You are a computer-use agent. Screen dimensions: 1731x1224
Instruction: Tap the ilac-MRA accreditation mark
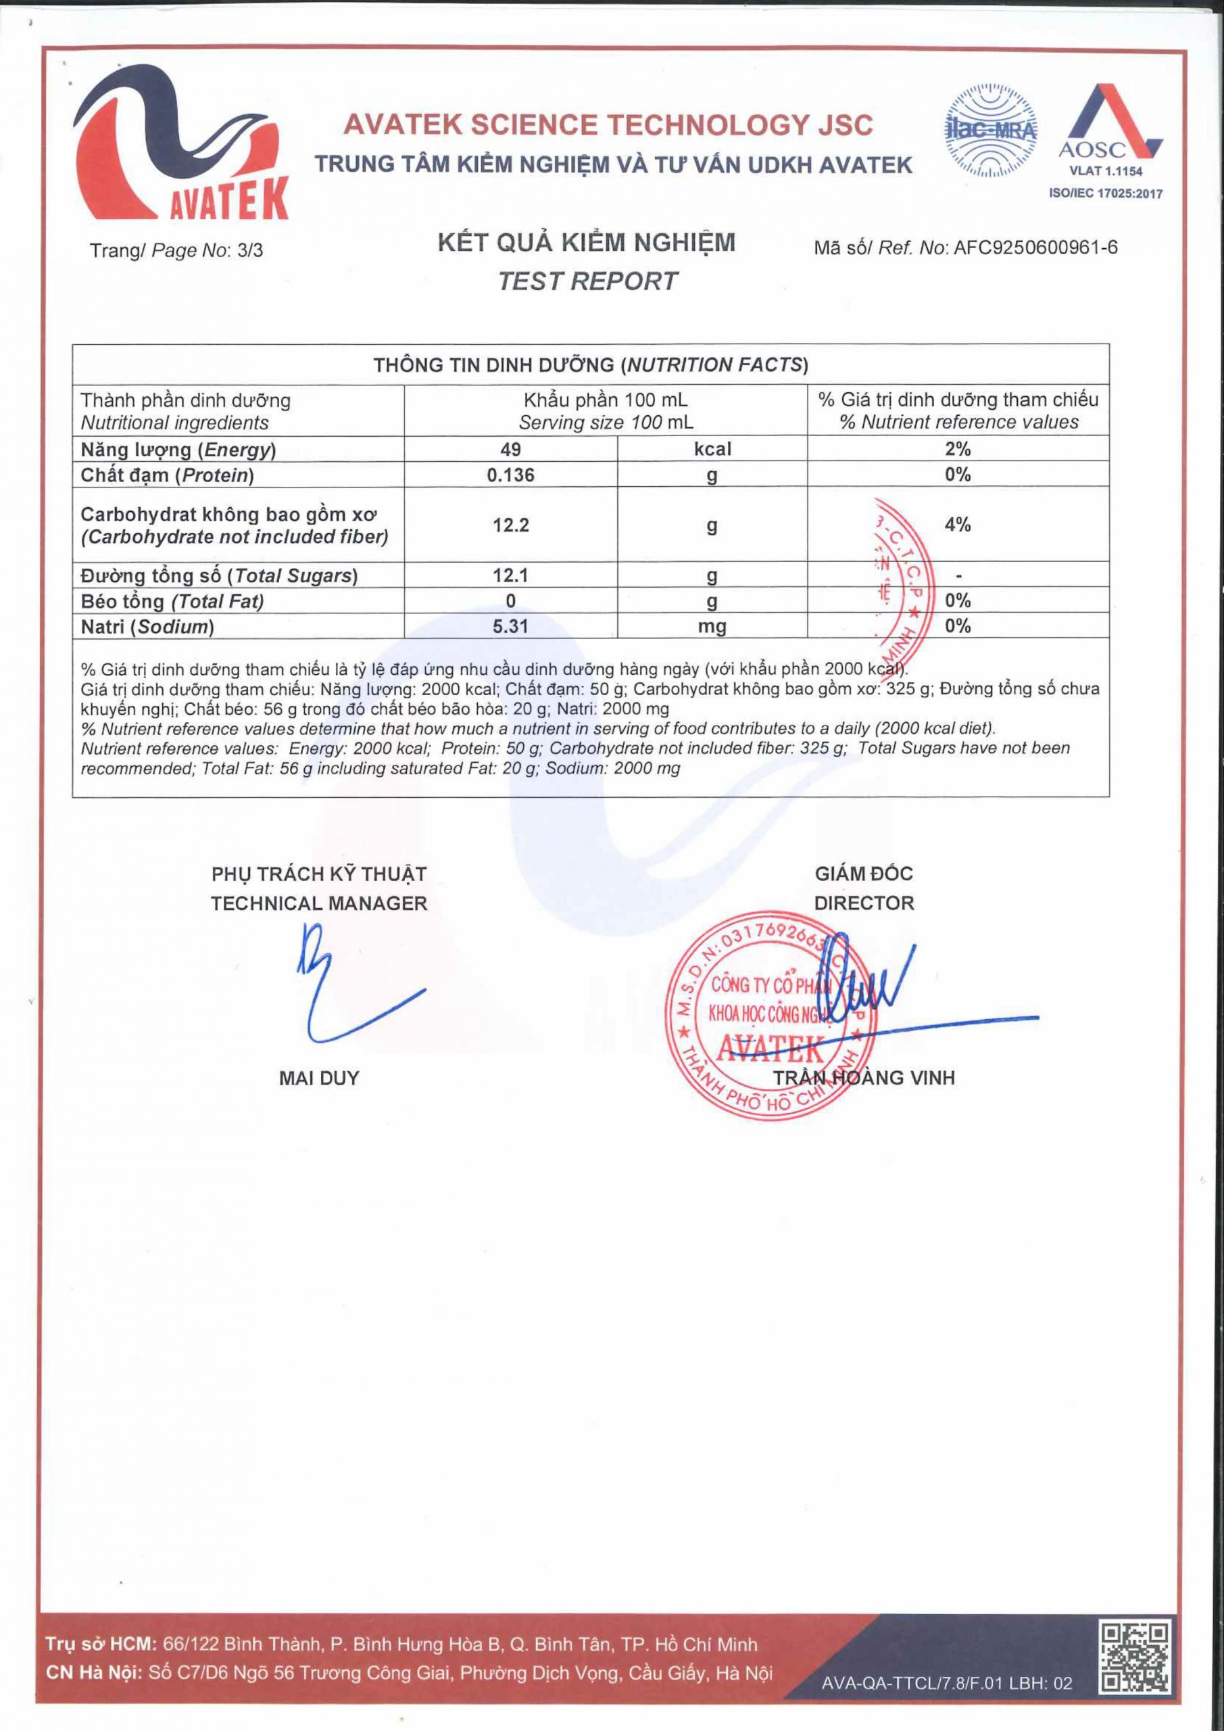[x=990, y=131]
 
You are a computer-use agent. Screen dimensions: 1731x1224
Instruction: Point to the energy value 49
[x=510, y=450]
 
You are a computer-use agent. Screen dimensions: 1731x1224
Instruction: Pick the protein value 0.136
[x=510, y=475]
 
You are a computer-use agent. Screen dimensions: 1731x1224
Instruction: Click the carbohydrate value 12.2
[x=510, y=525]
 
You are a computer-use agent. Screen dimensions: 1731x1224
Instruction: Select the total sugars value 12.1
[x=510, y=576]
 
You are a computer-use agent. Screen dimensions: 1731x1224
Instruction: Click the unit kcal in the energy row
[x=712, y=450]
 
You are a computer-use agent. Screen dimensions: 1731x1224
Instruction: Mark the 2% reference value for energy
[x=957, y=450]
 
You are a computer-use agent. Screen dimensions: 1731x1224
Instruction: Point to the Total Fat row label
[x=172, y=602]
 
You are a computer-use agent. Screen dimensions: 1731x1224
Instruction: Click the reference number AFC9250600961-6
[x=1035, y=248]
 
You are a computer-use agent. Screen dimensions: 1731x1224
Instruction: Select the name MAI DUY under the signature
[x=319, y=1078]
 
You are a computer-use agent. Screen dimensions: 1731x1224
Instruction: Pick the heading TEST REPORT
[x=587, y=281]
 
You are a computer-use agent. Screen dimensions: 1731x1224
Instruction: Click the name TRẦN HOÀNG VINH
[x=864, y=1078]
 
